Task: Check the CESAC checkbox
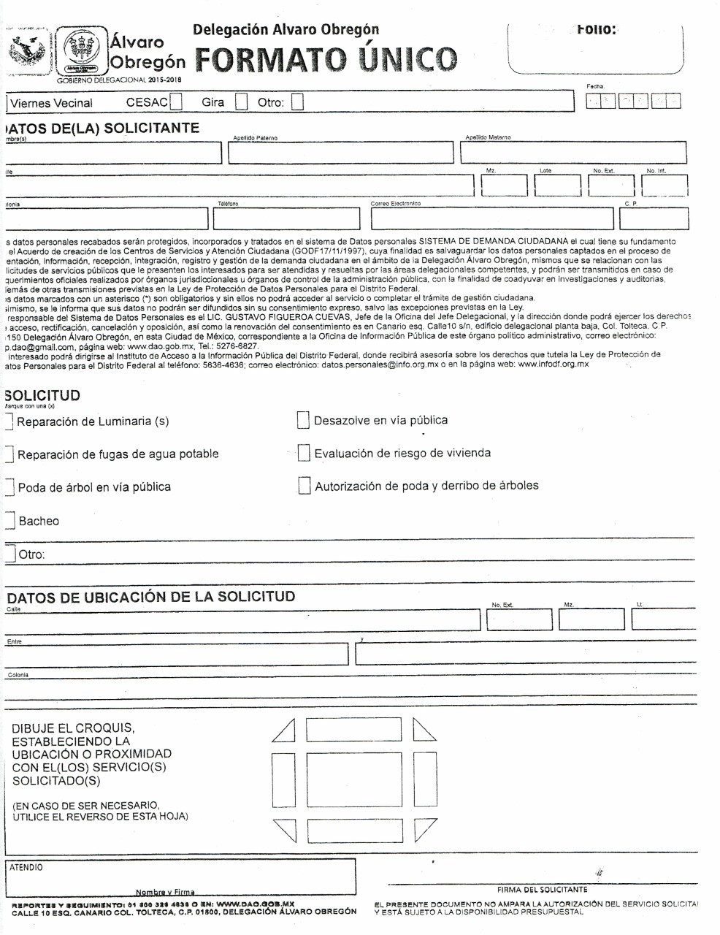[x=176, y=102]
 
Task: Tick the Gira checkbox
[x=242, y=102]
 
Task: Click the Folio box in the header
[x=595, y=48]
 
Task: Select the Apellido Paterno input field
[x=340, y=153]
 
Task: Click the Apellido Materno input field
[x=573, y=153]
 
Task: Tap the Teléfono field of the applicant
[x=288, y=218]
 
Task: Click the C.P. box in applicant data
[x=654, y=218]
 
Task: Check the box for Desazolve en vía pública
[x=304, y=420]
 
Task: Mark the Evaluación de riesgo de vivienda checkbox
[x=304, y=453]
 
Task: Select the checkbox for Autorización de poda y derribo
[x=305, y=486]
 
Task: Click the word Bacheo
[x=39, y=521]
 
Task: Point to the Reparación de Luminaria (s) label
[x=93, y=421]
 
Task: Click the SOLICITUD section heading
[x=42, y=395]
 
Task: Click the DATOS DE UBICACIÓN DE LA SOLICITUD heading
[x=151, y=596]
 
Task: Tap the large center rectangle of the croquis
[x=354, y=780]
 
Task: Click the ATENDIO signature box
[x=180, y=878]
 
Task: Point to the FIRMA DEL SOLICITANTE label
[x=542, y=890]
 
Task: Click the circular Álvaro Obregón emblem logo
[x=82, y=50]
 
